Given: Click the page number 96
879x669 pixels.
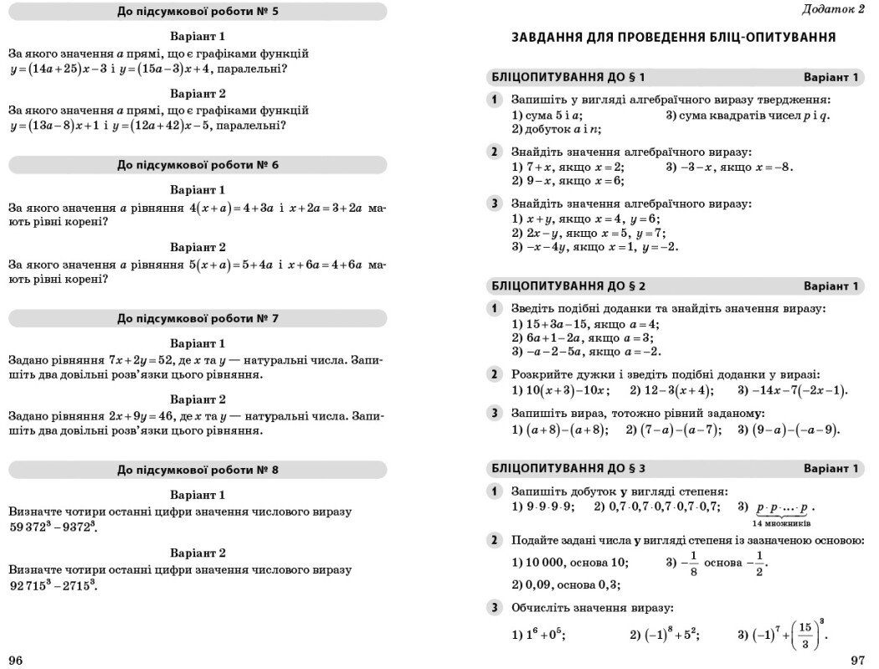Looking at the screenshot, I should coord(16,661).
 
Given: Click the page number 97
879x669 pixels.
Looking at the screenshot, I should coord(856,661).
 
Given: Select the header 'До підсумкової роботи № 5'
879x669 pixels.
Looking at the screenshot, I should coord(198,12).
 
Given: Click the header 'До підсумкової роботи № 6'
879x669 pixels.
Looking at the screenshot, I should coord(198,165).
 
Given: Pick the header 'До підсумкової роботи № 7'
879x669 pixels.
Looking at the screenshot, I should coord(198,318).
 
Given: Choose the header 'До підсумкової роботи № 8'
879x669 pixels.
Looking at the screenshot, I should coord(198,470).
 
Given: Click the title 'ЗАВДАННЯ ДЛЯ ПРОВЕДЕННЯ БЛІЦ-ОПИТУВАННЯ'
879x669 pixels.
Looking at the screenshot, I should coord(674,38).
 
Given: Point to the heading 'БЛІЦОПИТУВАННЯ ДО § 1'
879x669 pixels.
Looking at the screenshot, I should coord(568,78).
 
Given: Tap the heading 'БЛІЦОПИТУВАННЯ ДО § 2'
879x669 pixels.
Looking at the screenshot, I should coord(568,286).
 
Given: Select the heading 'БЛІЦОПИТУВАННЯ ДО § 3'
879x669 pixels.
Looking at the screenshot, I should coord(568,468).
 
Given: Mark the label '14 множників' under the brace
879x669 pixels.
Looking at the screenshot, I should coord(781,523).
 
